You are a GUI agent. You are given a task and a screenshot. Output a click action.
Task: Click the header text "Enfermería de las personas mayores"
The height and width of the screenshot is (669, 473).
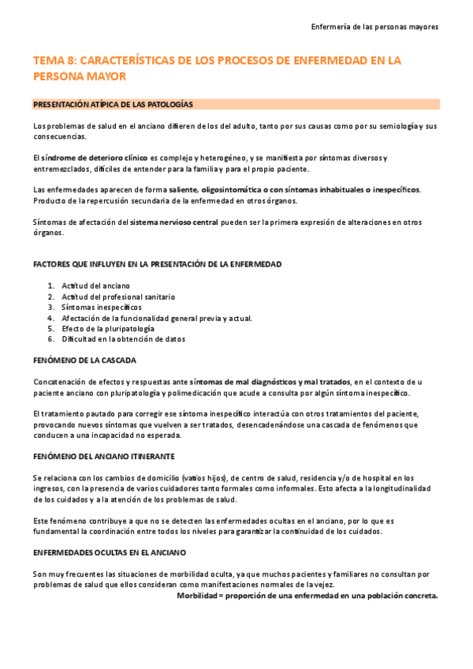376,26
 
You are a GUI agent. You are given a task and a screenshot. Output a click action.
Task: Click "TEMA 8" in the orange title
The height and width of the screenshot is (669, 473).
54,60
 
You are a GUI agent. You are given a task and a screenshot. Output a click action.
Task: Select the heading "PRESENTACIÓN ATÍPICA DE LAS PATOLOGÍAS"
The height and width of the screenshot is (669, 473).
114,104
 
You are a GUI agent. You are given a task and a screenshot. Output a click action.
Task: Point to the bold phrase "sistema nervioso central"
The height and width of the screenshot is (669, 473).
174,222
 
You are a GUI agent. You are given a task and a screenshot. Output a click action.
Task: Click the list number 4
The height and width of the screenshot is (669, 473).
50,318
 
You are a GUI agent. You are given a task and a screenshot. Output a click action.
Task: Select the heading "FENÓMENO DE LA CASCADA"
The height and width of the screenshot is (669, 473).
84,361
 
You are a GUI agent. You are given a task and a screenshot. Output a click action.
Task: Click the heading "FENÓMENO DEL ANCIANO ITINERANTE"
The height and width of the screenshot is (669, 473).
115,457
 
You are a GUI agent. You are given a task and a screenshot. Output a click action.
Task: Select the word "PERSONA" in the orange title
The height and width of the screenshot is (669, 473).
58,77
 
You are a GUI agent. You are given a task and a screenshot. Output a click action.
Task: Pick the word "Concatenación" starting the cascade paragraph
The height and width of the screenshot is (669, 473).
59,382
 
